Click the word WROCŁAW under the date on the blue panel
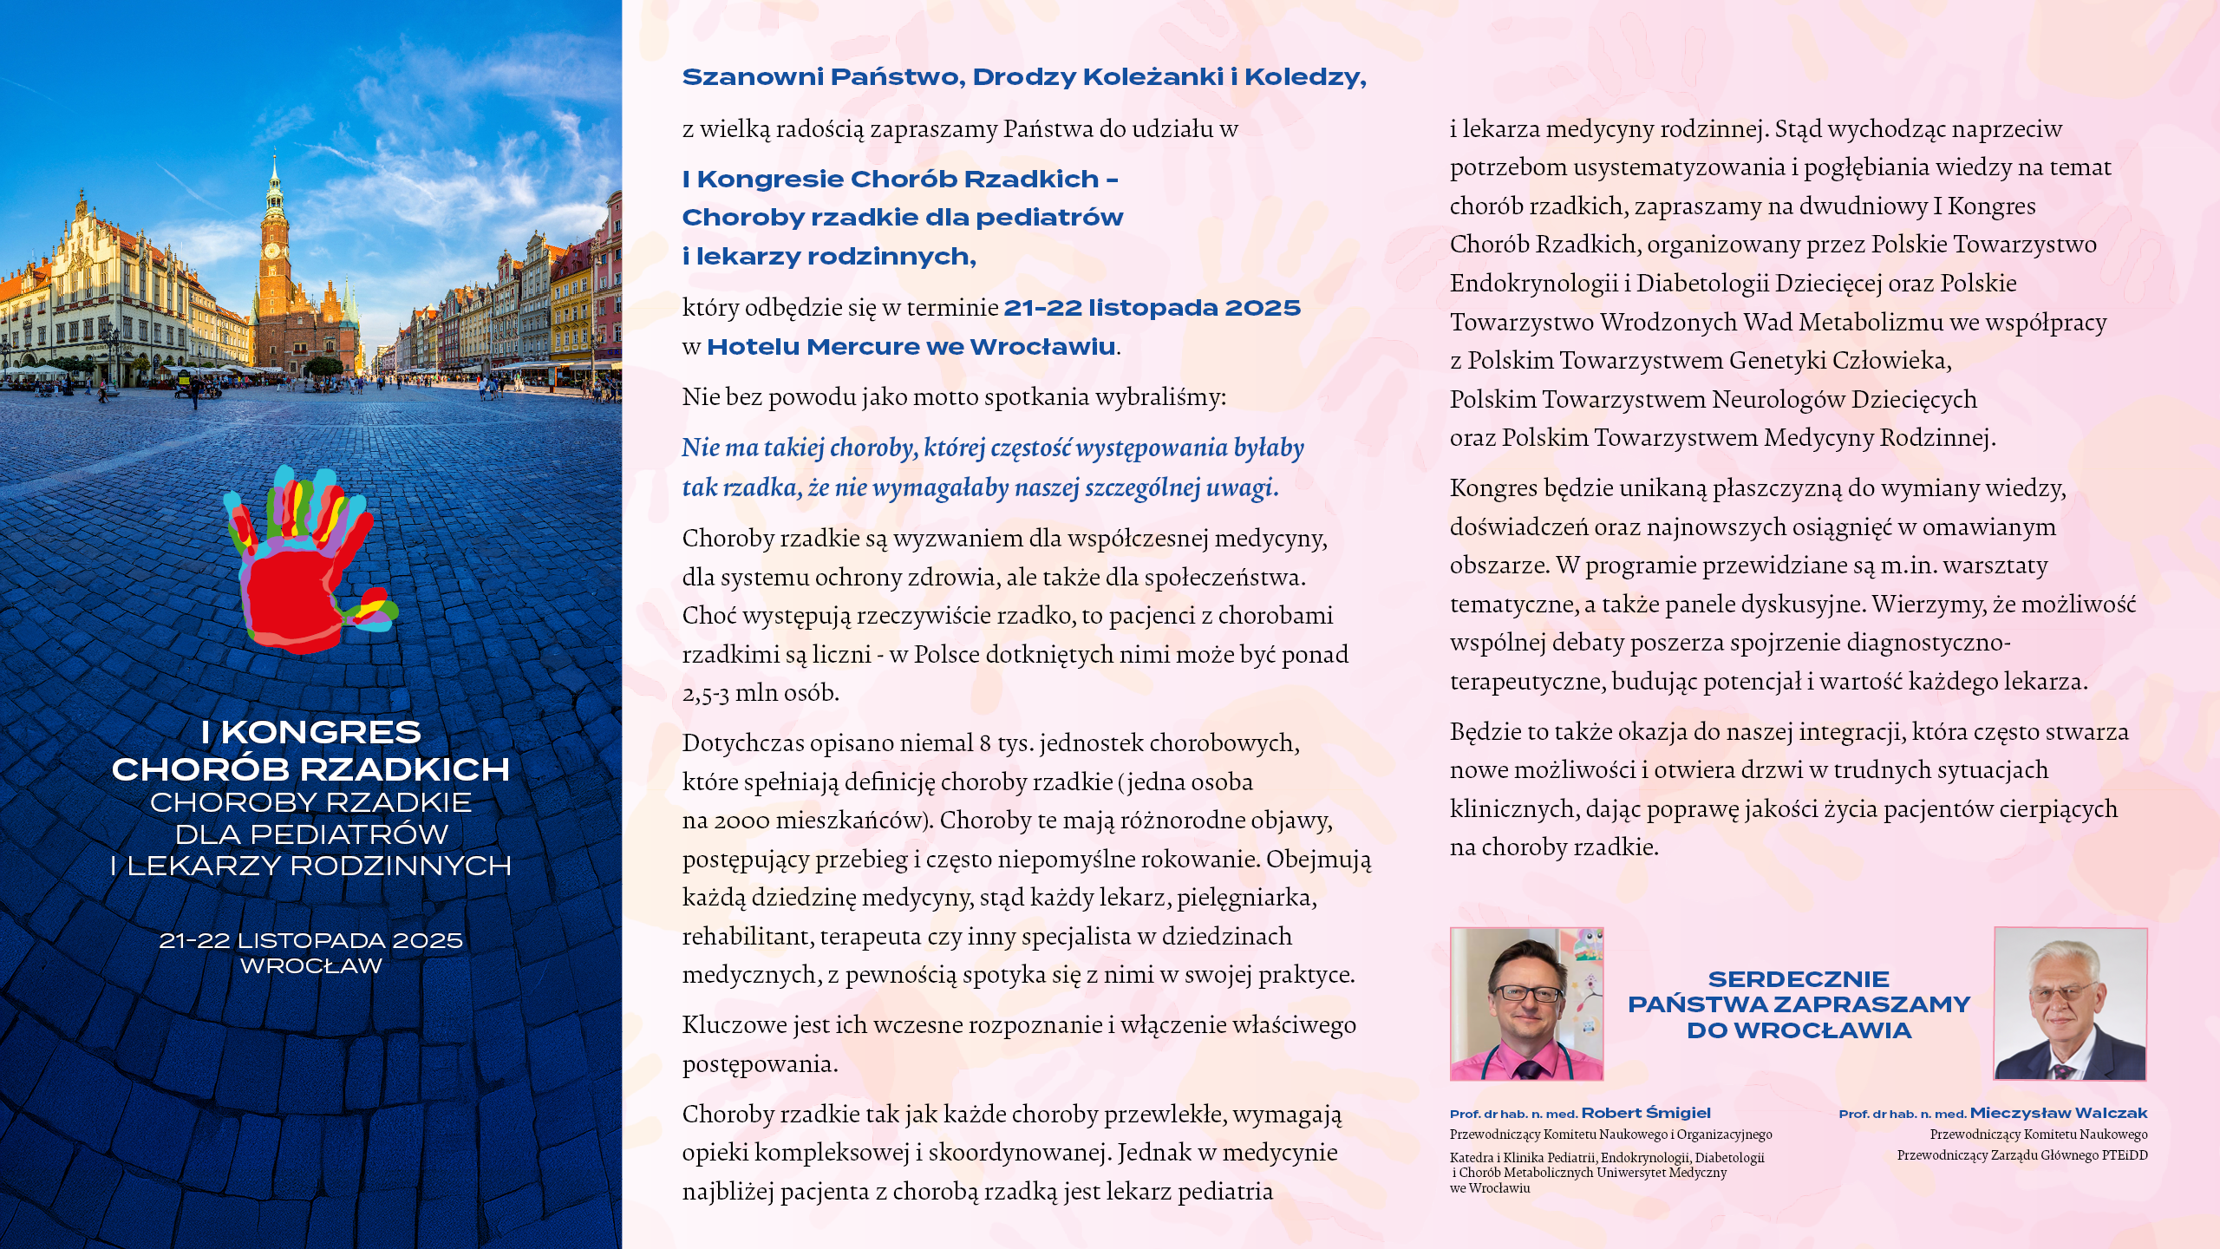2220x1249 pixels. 310,966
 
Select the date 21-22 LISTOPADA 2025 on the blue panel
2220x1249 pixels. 310,941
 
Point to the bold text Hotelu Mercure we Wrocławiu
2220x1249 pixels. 911,347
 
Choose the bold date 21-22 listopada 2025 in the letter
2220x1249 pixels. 1152,308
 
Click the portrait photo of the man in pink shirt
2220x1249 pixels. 1526,1004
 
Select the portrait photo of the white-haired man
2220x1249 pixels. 2070,1004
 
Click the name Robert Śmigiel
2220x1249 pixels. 1646,1114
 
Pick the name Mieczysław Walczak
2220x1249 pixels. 2059,1114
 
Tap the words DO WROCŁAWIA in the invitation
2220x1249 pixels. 1799,1030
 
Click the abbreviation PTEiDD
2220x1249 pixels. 2125,1155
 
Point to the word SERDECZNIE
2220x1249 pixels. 1799,979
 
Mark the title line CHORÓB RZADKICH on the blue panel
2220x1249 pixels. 310,769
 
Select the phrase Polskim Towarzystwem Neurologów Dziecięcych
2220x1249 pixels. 1713,400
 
